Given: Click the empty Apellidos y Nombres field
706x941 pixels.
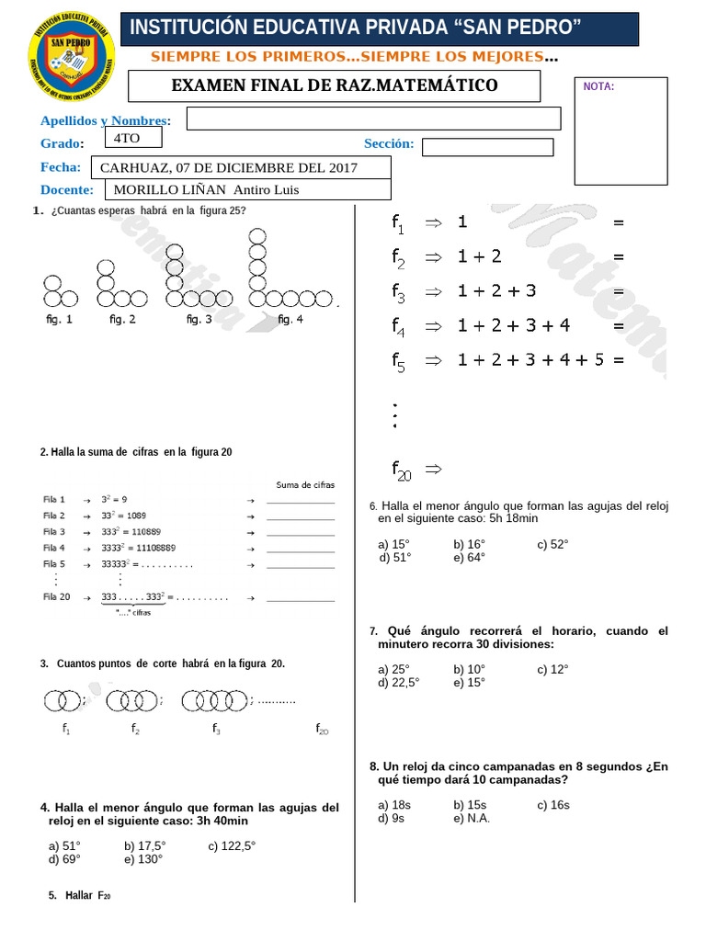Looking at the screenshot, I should (x=373, y=119).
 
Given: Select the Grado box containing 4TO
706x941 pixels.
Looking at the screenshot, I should (x=133, y=138).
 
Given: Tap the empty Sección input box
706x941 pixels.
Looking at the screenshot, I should (x=487, y=147).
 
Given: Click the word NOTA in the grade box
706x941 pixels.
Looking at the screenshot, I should (x=598, y=86).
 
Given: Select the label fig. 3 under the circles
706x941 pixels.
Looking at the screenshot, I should (x=199, y=319).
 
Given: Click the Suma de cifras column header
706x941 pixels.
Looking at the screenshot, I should (x=305, y=484).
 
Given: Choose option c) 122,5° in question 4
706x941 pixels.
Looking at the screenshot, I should (x=232, y=845).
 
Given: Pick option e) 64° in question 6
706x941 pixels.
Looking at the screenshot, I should (x=469, y=557).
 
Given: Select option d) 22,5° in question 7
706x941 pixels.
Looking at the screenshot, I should (x=398, y=682).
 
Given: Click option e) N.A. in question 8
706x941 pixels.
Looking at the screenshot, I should (x=472, y=817).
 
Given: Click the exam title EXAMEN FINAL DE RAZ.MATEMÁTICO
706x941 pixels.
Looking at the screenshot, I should (x=335, y=86).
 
